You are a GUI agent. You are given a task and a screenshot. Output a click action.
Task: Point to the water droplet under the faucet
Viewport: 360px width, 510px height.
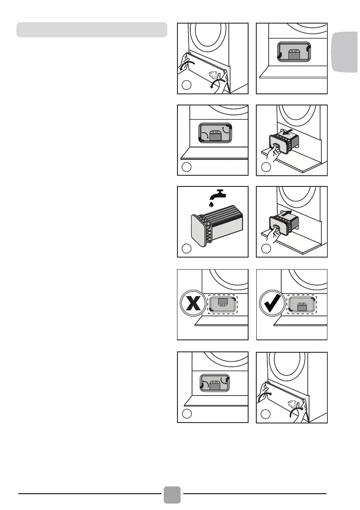click(x=211, y=205)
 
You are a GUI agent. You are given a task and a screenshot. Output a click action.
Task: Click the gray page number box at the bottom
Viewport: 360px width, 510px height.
click(x=172, y=495)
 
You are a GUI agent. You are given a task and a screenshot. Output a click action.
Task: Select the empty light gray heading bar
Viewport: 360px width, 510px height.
click(x=91, y=30)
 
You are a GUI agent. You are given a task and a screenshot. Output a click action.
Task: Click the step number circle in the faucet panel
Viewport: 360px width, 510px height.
click(x=186, y=249)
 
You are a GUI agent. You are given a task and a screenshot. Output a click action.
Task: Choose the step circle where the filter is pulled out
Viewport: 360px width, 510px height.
click(x=265, y=167)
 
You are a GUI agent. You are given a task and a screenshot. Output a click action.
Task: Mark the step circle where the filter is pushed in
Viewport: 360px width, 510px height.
click(x=265, y=249)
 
